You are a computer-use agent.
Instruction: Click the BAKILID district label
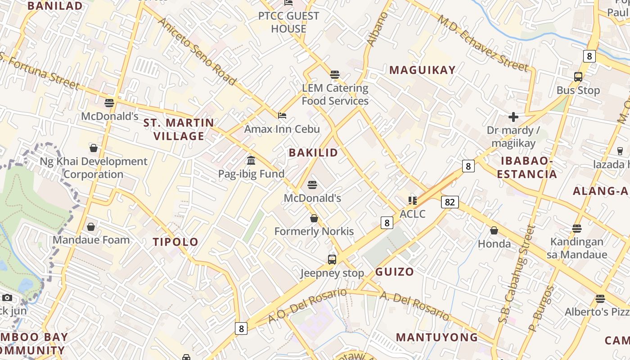(x=313, y=153)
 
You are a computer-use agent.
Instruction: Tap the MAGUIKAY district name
(x=423, y=70)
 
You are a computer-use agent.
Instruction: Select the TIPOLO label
(x=175, y=242)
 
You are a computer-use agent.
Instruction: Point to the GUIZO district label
(x=394, y=272)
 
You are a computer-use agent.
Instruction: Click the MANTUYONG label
(x=436, y=337)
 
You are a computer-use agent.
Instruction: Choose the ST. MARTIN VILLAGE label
(x=179, y=129)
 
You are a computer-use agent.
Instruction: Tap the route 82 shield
(x=450, y=202)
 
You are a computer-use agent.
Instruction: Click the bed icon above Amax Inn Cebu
(x=282, y=116)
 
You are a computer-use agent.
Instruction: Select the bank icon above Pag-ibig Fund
(x=251, y=160)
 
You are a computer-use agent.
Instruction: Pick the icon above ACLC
(x=412, y=200)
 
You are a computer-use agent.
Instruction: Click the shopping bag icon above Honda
(x=494, y=230)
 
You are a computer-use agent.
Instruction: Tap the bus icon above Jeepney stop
(x=332, y=259)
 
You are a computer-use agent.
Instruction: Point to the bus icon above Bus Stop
(x=578, y=77)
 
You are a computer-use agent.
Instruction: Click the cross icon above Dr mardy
(x=513, y=117)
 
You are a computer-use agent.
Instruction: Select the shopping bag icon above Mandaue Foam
(x=91, y=226)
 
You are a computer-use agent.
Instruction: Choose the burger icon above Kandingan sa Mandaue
(x=577, y=229)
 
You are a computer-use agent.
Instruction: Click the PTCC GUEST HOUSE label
(x=288, y=22)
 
